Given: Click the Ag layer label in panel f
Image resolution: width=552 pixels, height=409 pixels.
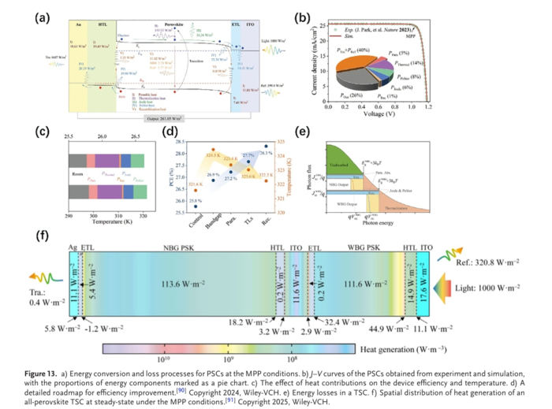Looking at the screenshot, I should coord(74,245).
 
